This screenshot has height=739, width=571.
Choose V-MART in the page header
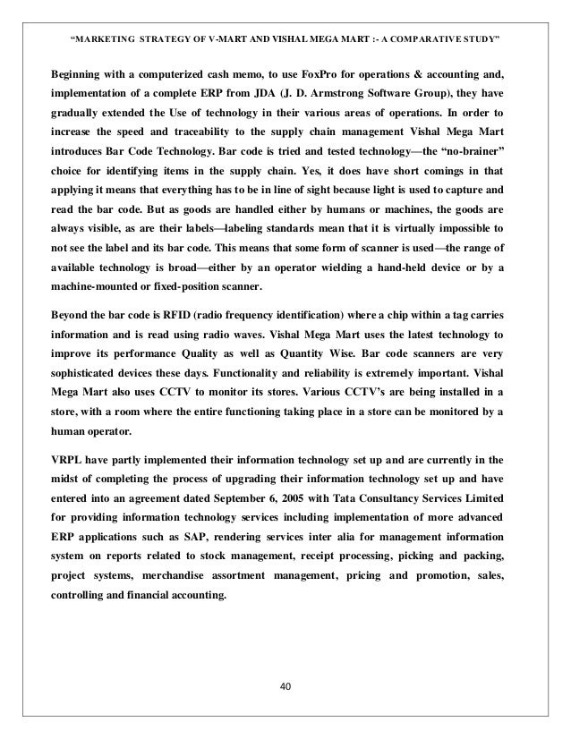[210, 38]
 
